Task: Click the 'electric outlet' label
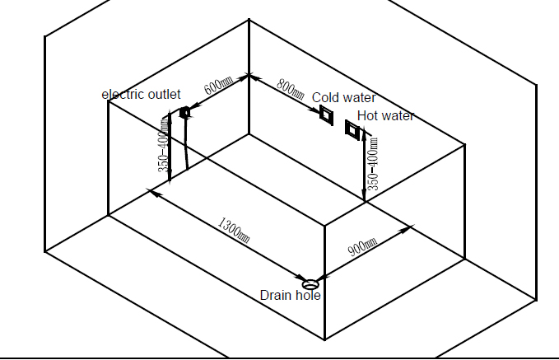141,95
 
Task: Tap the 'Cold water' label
343,98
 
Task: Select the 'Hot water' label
385,116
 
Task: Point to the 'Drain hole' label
290,296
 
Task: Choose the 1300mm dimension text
234,228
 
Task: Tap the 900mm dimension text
362,246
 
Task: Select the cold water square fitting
327,115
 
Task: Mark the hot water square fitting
353,129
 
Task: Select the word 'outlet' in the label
165,95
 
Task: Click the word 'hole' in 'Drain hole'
308,296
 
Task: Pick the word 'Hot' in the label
367,116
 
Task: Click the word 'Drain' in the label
276,296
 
